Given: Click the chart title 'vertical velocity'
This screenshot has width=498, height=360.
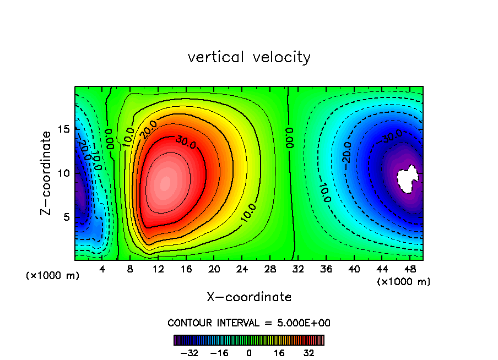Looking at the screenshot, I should [249, 57].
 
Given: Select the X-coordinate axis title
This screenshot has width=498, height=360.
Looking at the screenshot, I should [249, 297].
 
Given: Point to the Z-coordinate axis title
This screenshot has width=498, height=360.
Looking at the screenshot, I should [47, 173].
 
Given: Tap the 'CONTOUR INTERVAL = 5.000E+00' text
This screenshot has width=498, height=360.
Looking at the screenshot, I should [249, 323].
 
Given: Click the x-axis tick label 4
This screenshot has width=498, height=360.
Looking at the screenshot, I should [102, 270].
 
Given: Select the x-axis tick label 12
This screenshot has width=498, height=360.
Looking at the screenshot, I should [159, 270].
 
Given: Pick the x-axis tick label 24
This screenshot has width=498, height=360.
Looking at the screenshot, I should [242, 270].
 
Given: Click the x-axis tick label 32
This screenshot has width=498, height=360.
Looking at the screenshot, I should [299, 270].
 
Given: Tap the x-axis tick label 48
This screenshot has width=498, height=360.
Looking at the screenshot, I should [410, 270].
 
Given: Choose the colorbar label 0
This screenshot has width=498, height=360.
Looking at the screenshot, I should [249, 353].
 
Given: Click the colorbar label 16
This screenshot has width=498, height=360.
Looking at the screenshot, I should [280, 353].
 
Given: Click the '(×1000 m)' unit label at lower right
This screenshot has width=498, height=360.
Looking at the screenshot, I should [404, 281].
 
